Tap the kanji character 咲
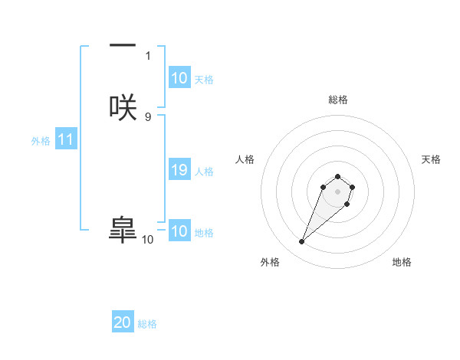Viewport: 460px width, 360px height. (123, 106)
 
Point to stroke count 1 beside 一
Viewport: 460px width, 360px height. (148, 56)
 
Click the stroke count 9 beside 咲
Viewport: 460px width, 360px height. (148, 116)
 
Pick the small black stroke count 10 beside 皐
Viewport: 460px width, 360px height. (148, 240)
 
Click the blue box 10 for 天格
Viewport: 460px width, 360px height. (179, 78)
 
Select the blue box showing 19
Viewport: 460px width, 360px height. (179, 171)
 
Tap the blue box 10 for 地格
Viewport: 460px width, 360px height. (179, 231)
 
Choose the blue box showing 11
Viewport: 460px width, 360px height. (66, 140)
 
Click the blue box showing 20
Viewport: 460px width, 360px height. (123, 323)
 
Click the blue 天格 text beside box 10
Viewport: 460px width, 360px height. (204, 80)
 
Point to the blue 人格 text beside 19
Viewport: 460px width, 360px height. (204, 172)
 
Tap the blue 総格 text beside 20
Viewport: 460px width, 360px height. (147, 324)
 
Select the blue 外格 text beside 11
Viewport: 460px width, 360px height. (41, 141)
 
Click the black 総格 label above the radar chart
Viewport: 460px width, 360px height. (338, 100)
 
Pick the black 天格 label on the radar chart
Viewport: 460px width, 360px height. (432, 159)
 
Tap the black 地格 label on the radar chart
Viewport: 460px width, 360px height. (402, 262)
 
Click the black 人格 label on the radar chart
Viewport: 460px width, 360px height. (245, 159)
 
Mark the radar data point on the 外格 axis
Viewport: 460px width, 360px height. (301, 242)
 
